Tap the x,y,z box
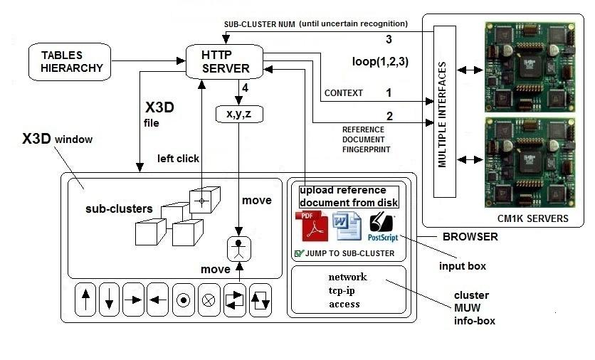pyautogui.click(x=238, y=112)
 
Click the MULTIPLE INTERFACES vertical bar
pyautogui.click(x=443, y=112)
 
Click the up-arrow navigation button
pyautogui.click(x=86, y=300)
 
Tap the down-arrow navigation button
pyautogui.click(x=110, y=300)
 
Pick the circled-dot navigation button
pyautogui.click(x=183, y=300)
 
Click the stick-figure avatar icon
pyautogui.click(x=240, y=249)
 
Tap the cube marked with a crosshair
pyautogui.click(x=201, y=202)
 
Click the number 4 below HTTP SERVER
pyautogui.click(x=244, y=89)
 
